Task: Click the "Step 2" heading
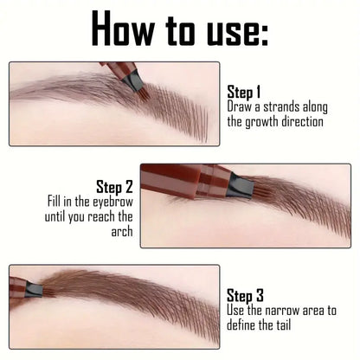pos(114,186)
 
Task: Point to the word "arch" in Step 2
pos(122,232)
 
